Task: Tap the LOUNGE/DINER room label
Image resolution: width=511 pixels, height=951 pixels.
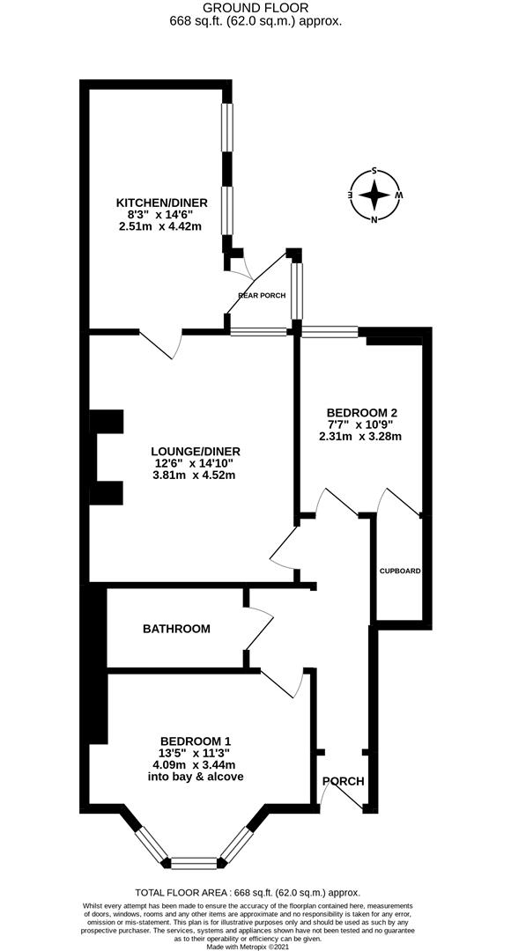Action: point(195,452)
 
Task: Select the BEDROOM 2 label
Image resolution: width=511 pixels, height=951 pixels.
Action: point(362,411)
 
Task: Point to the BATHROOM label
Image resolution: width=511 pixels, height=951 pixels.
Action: point(176,629)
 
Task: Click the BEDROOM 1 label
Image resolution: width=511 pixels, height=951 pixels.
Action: point(196,741)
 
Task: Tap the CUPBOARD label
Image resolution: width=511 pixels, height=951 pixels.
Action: point(400,571)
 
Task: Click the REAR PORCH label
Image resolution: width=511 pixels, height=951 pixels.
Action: point(262,295)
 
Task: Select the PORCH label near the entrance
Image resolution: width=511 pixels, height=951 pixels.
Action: point(343,781)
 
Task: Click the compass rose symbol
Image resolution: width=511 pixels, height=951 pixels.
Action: point(375,195)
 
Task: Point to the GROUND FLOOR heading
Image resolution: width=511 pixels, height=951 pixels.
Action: point(255,8)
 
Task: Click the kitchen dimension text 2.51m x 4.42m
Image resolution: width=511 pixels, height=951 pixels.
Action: point(159,226)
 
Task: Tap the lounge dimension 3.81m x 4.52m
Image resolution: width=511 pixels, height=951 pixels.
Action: point(195,476)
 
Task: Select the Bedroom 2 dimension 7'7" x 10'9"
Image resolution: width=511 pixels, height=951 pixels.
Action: point(363,424)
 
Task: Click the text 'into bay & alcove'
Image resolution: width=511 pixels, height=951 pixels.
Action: point(196,777)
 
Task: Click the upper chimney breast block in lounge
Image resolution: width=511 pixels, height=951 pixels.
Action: point(106,422)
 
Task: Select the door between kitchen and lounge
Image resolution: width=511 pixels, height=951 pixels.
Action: point(162,344)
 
